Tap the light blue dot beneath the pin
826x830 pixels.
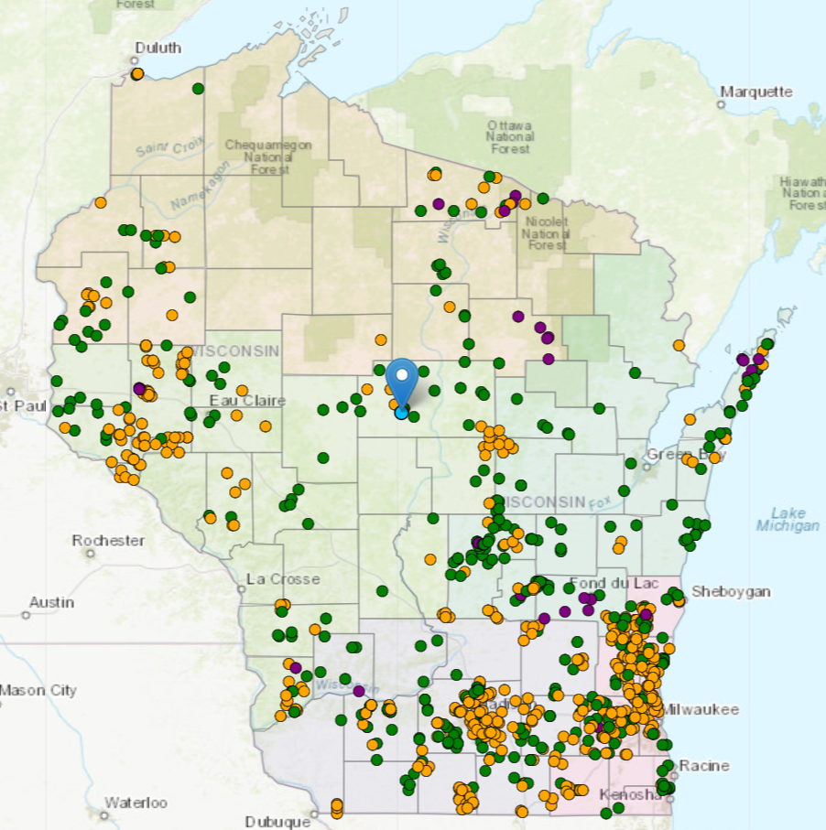(401, 413)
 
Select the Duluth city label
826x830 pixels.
(158, 48)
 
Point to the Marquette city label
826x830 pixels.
(755, 92)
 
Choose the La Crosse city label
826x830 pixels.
(284, 578)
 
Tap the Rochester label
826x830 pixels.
(108, 540)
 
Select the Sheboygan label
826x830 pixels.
(731, 591)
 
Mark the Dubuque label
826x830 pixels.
(278, 821)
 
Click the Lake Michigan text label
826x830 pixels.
(788, 519)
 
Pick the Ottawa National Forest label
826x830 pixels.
(510, 136)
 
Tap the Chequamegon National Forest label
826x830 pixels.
(268, 156)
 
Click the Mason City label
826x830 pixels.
(38, 690)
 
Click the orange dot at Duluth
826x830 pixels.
(137, 73)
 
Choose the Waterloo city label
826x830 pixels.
(136, 803)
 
